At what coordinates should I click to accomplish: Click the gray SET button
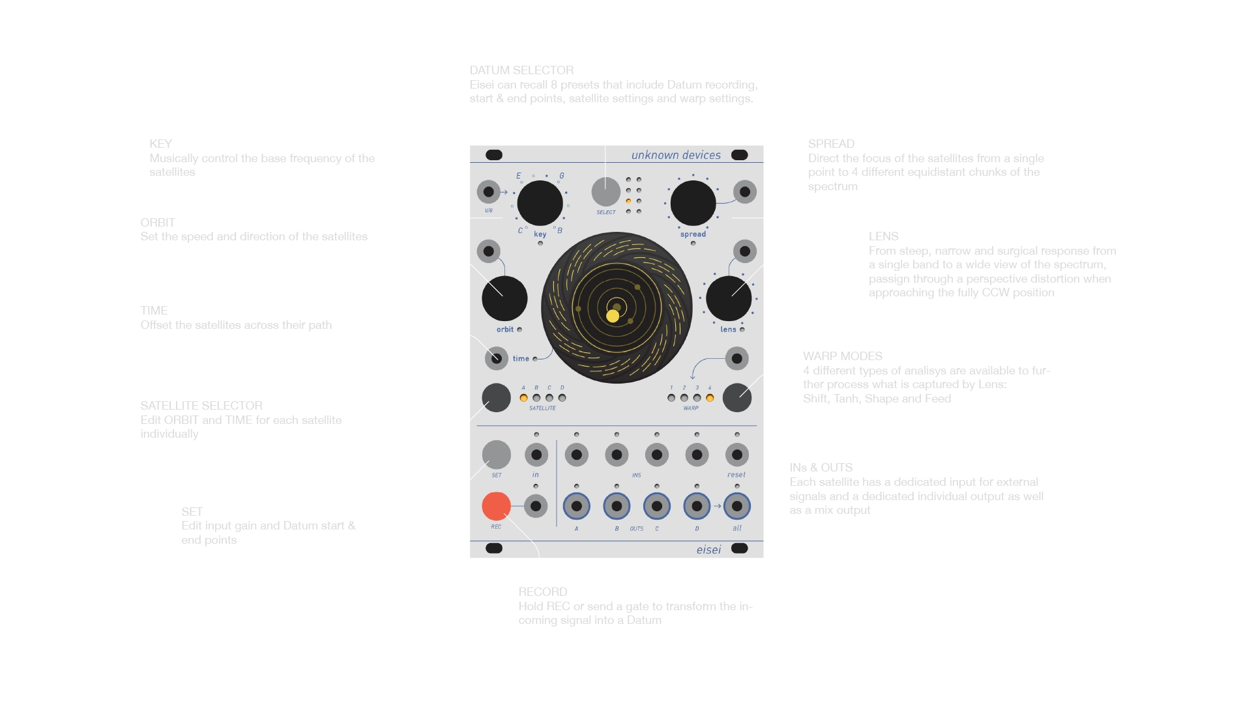(496, 454)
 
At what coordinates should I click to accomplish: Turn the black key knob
(540, 203)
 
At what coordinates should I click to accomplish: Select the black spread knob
(693, 203)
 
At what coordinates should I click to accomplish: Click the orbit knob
(504, 298)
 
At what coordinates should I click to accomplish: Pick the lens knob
(729, 298)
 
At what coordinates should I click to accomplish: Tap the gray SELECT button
(605, 192)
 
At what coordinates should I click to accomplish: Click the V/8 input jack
(488, 192)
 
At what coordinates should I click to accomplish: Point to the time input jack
(497, 358)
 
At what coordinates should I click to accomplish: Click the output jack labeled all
(737, 506)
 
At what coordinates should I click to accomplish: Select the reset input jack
(737, 455)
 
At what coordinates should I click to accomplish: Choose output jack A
(576, 506)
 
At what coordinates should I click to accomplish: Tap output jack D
(697, 506)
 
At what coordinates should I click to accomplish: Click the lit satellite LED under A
(523, 398)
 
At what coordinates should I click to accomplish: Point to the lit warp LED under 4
(710, 398)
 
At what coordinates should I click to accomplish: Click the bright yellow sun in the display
(613, 316)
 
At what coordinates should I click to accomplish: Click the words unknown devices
(676, 155)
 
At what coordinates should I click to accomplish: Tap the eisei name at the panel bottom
(708, 550)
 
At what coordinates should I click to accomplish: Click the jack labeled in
(536, 455)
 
